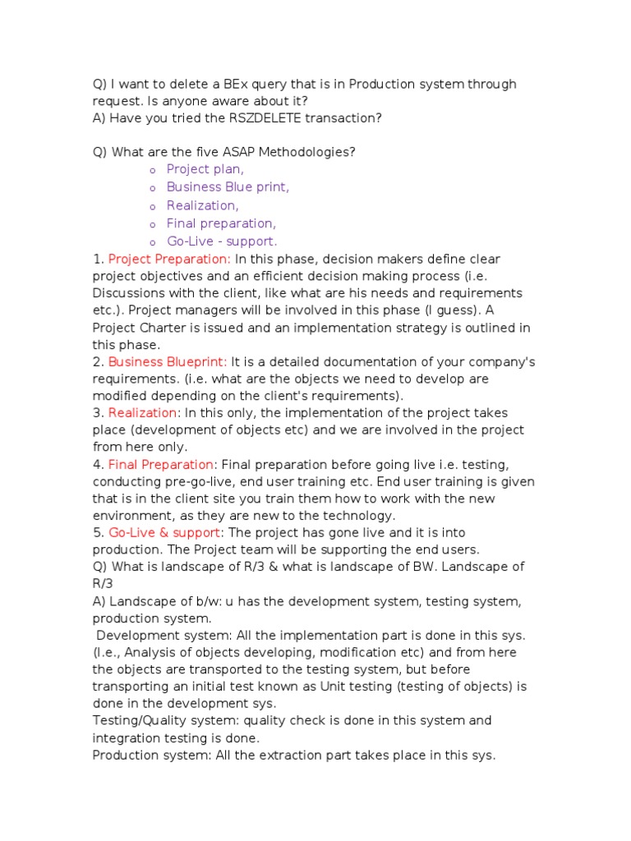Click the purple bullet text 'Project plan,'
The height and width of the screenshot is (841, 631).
205,169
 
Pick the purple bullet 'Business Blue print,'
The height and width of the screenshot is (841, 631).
228,187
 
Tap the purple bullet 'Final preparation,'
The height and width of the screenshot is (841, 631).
221,223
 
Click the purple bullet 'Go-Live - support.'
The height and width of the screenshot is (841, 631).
222,241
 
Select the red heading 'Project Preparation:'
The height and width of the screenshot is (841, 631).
169,260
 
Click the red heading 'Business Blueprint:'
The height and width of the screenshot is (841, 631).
168,361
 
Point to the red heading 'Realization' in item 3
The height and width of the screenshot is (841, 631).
142,413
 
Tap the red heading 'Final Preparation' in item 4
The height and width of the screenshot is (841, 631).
162,465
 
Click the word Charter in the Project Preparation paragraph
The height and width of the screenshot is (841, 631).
160,329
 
